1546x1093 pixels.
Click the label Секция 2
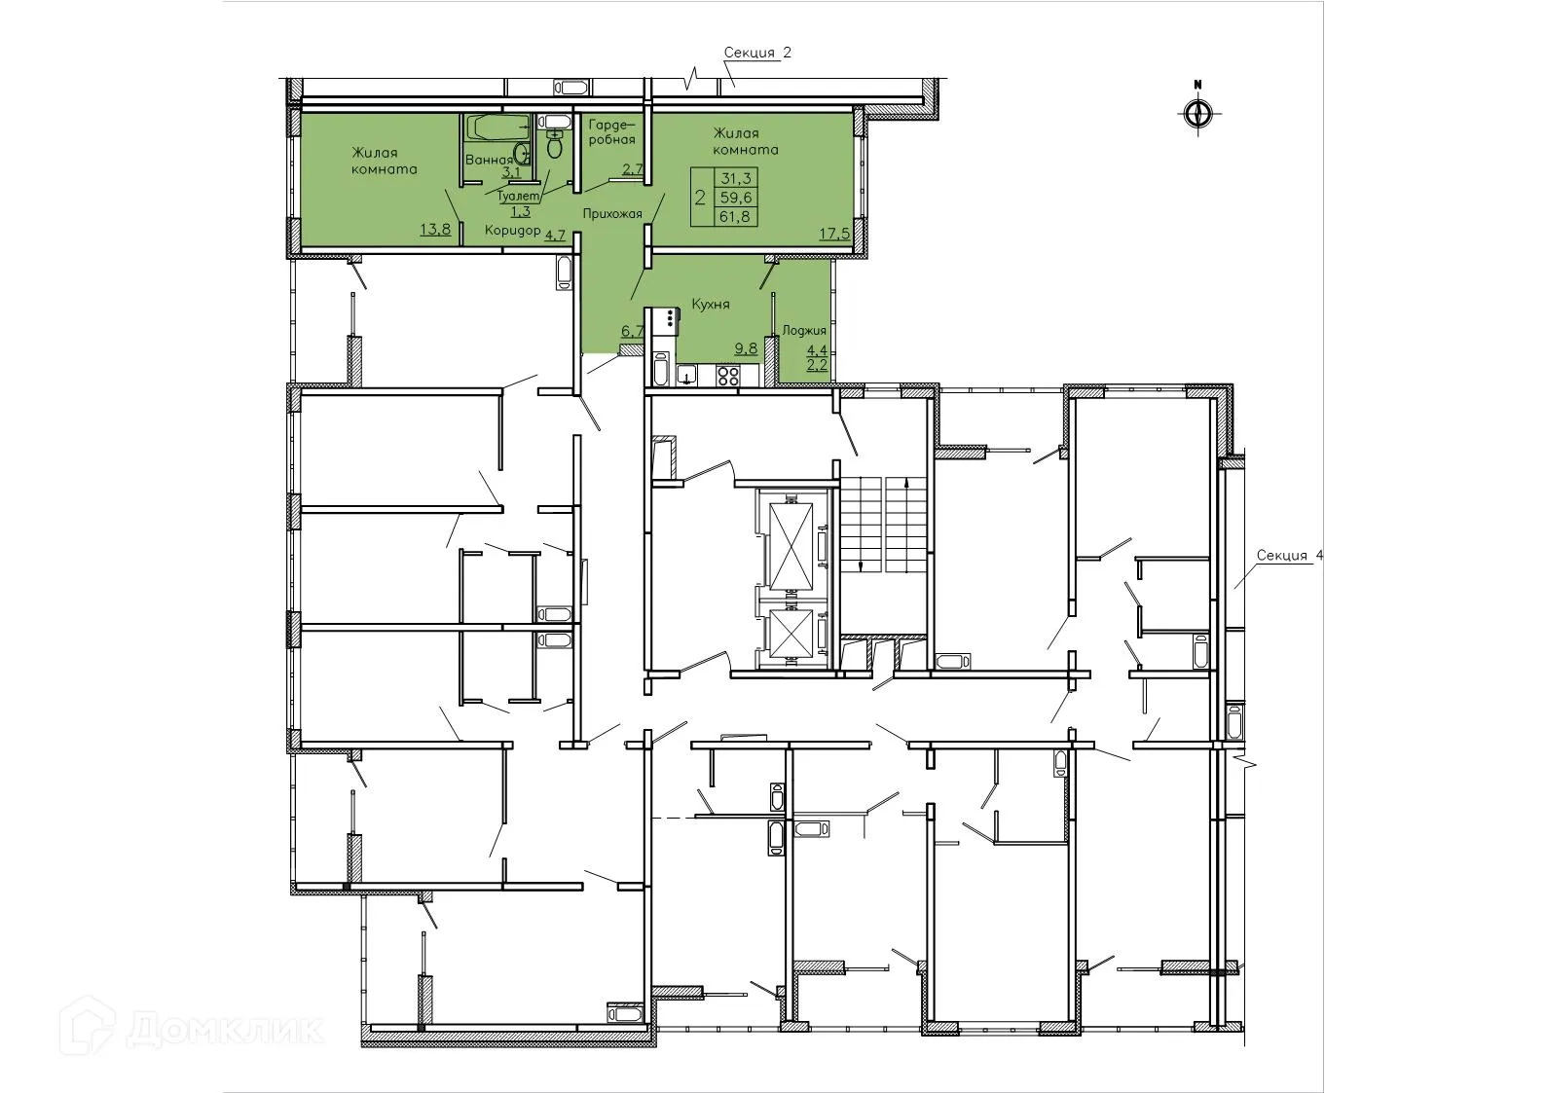[757, 54]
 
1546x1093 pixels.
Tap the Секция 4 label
[1289, 556]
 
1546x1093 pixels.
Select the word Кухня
[710, 305]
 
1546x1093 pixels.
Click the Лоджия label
[804, 331]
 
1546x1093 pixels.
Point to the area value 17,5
[832, 235]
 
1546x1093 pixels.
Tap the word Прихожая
[611, 213]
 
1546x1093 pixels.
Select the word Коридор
[513, 232]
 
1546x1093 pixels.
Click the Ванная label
[489, 161]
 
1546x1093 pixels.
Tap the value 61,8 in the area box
[734, 216]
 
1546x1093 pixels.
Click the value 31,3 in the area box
[734, 178]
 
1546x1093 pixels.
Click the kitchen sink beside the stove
[687, 375]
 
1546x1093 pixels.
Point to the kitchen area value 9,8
[745, 348]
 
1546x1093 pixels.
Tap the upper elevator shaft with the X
[790, 542]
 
